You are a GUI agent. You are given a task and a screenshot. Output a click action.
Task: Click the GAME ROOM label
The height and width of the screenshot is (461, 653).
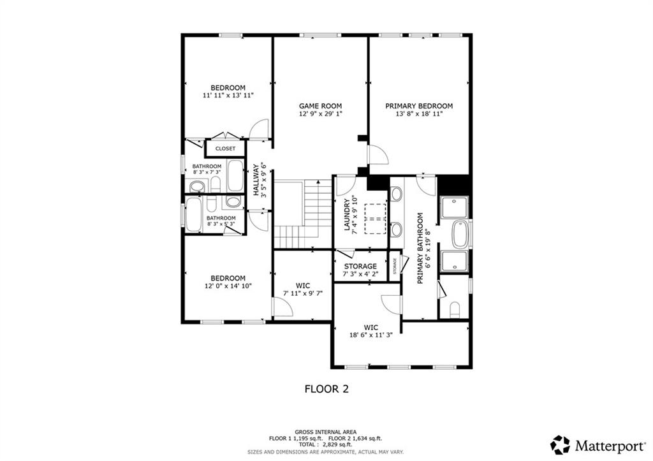(320, 106)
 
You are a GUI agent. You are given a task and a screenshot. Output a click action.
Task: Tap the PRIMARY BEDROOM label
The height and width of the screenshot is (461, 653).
(418, 106)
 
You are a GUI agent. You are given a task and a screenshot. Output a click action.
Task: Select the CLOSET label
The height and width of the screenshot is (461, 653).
(225, 149)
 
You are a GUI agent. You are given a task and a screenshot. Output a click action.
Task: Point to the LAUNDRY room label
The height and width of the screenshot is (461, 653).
(346, 215)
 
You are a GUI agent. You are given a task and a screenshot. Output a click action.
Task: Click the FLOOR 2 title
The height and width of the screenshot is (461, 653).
(326, 389)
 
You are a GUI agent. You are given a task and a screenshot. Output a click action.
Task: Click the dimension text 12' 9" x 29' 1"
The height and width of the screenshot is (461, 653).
(320, 113)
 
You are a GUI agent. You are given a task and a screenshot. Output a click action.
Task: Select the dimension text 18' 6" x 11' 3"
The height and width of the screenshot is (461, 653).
(371, 335)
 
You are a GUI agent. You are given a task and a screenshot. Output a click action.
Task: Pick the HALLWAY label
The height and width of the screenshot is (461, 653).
(256, 180)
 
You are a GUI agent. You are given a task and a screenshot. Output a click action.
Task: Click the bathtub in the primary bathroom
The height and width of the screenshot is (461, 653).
(460, 234)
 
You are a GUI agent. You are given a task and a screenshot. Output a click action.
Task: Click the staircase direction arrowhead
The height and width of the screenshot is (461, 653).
(318, 182)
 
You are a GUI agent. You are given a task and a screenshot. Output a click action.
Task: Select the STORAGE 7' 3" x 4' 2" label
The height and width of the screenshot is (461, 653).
(360, 270)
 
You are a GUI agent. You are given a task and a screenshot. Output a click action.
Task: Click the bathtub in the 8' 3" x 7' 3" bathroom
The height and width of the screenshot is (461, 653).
(236, 175)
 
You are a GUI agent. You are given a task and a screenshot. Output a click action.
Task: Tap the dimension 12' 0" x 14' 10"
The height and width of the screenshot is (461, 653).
(228, 286)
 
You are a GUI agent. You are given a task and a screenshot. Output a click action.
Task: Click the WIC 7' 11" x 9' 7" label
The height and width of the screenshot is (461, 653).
(303, 289)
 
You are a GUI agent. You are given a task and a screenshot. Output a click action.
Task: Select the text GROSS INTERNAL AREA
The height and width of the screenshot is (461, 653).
(325, 432)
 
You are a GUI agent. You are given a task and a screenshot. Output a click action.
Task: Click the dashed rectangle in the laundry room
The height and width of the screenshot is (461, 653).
(376, 219)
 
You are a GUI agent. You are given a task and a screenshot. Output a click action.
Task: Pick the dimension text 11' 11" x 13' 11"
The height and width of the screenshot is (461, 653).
(228, 96)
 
